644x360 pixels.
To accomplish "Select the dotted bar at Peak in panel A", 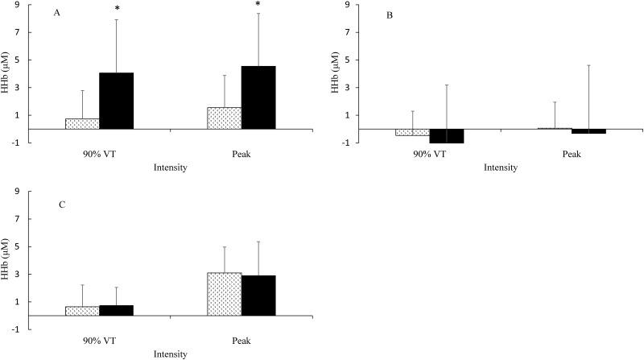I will [x=225, y=118].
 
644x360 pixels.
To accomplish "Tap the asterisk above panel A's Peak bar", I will [x=258, y=5].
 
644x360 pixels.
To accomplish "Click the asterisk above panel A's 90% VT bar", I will [x=117, y=10].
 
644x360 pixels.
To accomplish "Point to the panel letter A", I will [x=56, y=13].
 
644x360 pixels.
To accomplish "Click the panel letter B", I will [x=389, y=15].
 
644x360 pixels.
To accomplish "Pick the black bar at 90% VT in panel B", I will [x=446, y=135].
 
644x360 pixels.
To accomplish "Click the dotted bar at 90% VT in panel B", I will [x=412, y=132].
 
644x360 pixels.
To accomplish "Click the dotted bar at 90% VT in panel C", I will [x=82, y=310].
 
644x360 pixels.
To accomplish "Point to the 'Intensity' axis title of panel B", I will [x=501, y=168].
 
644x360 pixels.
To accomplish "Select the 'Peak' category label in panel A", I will [x=242, y=153].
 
